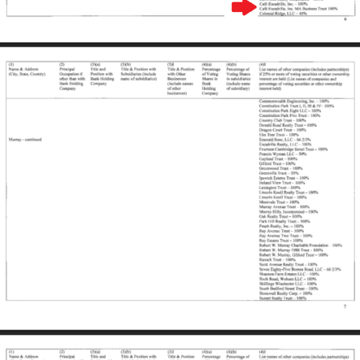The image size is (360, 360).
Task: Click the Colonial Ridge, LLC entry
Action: [x=277, y=13]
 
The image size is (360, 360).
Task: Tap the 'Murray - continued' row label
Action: [x=31, y=139]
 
